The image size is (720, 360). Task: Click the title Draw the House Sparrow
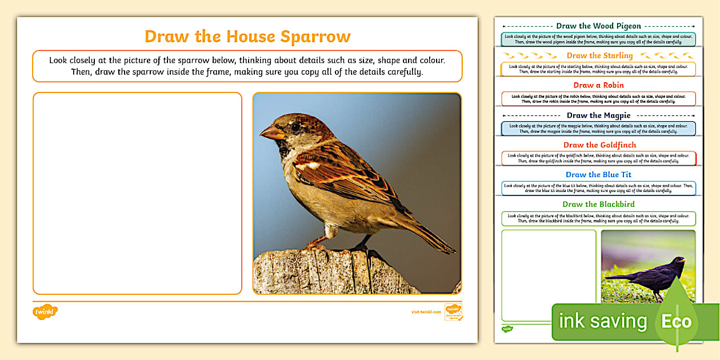click(247, 37)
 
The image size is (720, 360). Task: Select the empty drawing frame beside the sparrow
click(137, 193)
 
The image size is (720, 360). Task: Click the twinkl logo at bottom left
click(45, 312)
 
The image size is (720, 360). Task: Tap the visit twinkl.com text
click(426, 312)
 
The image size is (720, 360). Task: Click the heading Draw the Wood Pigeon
click(598, 26)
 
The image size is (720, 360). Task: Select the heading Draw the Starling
click(599, 55)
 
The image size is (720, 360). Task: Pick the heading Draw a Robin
click(598, 85)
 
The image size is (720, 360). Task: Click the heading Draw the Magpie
click(598, 115)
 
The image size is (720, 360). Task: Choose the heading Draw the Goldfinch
click(599, 145)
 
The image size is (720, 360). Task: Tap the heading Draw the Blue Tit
click(598, 175)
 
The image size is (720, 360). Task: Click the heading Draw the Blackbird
click(598, 205)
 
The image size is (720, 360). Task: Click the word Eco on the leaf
click(676, 321)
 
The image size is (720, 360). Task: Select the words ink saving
click(602, 321)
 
